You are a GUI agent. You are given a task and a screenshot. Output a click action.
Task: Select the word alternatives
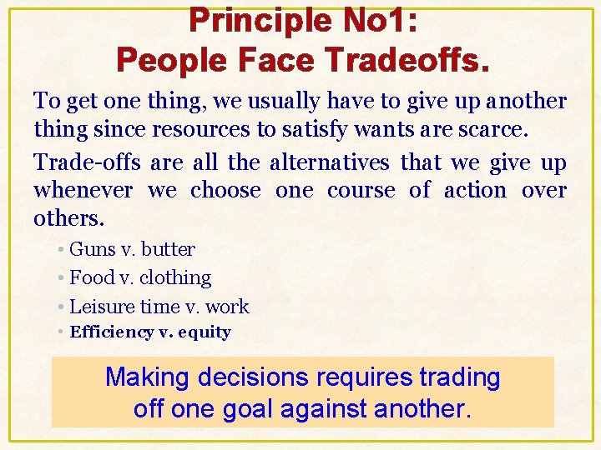pyautogui.click(x=324, y=162)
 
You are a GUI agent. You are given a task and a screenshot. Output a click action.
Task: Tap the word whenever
pyautogui.click(x=83, y=191)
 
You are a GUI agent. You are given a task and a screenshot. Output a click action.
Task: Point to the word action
pyautogui.click(x=475, y=191)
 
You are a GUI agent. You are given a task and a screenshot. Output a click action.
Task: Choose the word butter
pyautogui.click(x=168, y=249)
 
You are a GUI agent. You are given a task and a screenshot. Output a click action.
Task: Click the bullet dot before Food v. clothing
pyautogui.click(x=63, y=277)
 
